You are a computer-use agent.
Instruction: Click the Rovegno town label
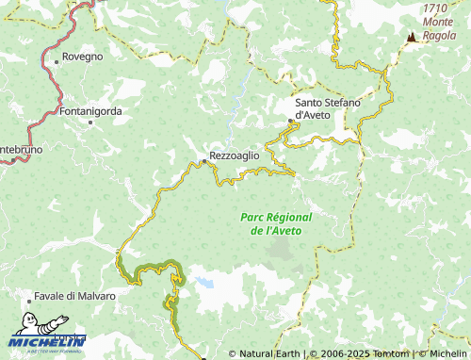(83, 57)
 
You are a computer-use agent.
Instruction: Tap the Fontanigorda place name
(90, 111)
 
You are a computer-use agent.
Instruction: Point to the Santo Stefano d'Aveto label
(327, 108)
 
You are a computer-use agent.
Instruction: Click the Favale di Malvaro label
(74, 296)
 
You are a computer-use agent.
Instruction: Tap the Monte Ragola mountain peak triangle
(411, 38)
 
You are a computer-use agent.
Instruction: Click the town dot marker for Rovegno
(57, 61)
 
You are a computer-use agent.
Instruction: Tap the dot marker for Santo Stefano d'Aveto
(290, 121)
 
